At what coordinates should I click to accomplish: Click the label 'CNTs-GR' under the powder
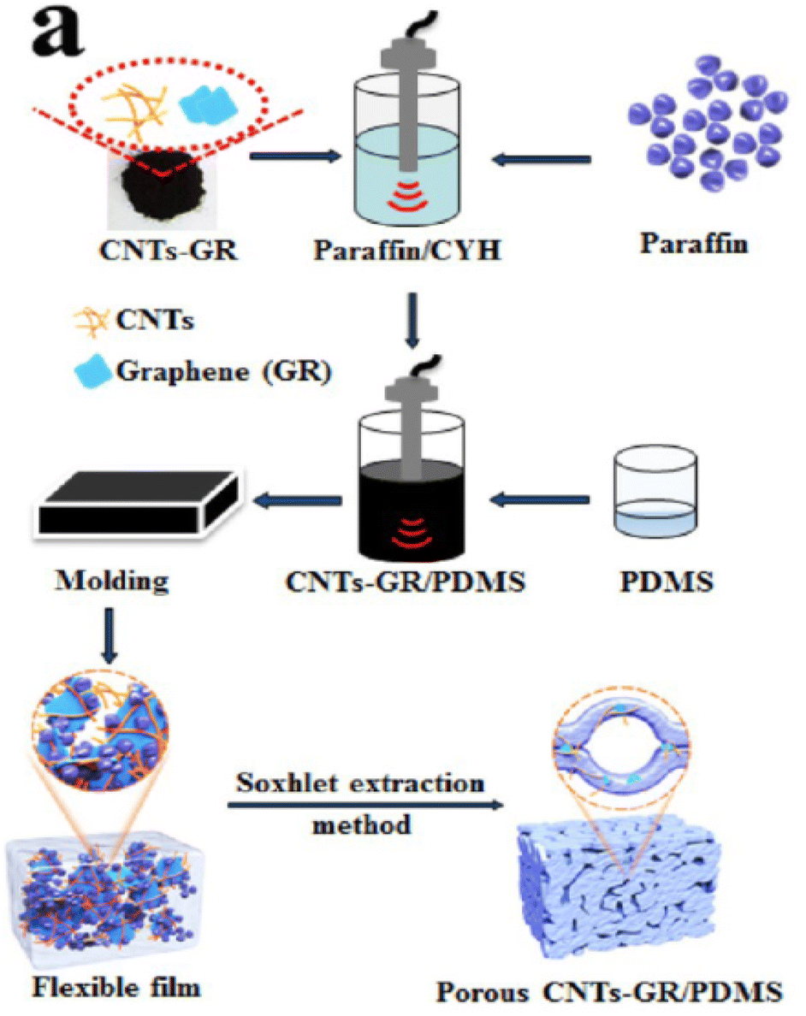coord(169,250)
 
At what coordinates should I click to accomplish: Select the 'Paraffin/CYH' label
coord(407,250)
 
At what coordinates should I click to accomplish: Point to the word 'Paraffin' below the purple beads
coord(694,244)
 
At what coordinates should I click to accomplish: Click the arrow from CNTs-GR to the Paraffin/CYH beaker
coord(295,156)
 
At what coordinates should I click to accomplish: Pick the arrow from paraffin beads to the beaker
coord(542,159)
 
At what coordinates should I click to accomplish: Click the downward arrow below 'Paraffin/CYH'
coord(412,321)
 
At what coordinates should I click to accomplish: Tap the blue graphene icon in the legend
coord(92,371)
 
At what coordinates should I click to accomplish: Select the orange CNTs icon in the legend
coord(91,322)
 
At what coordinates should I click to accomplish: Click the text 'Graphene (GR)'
coord(223,372)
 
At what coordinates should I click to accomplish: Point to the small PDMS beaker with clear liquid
coord(655,492)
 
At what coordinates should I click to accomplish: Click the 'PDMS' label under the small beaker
coord(667,582)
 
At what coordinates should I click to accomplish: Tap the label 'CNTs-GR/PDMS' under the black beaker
coord(406,582)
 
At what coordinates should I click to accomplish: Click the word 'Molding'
coord(111,581)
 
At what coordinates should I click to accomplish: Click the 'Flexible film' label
coord(116,988)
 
